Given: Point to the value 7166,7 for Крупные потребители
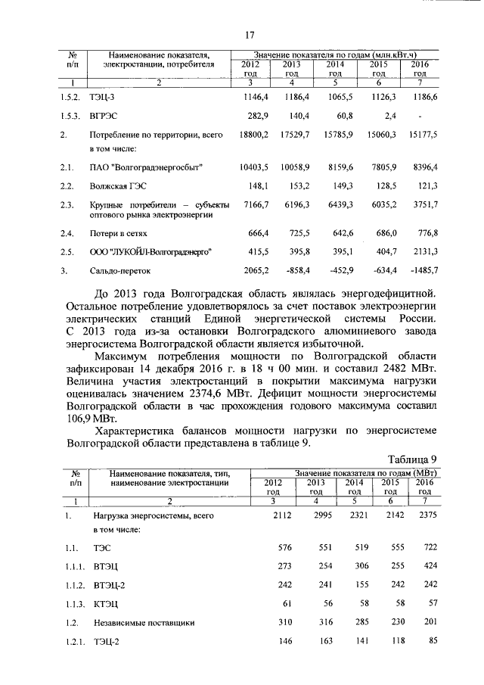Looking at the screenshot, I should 255,204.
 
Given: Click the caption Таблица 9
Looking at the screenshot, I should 412,459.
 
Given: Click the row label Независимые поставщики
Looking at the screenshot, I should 144,623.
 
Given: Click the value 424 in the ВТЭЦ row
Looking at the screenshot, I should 428,565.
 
